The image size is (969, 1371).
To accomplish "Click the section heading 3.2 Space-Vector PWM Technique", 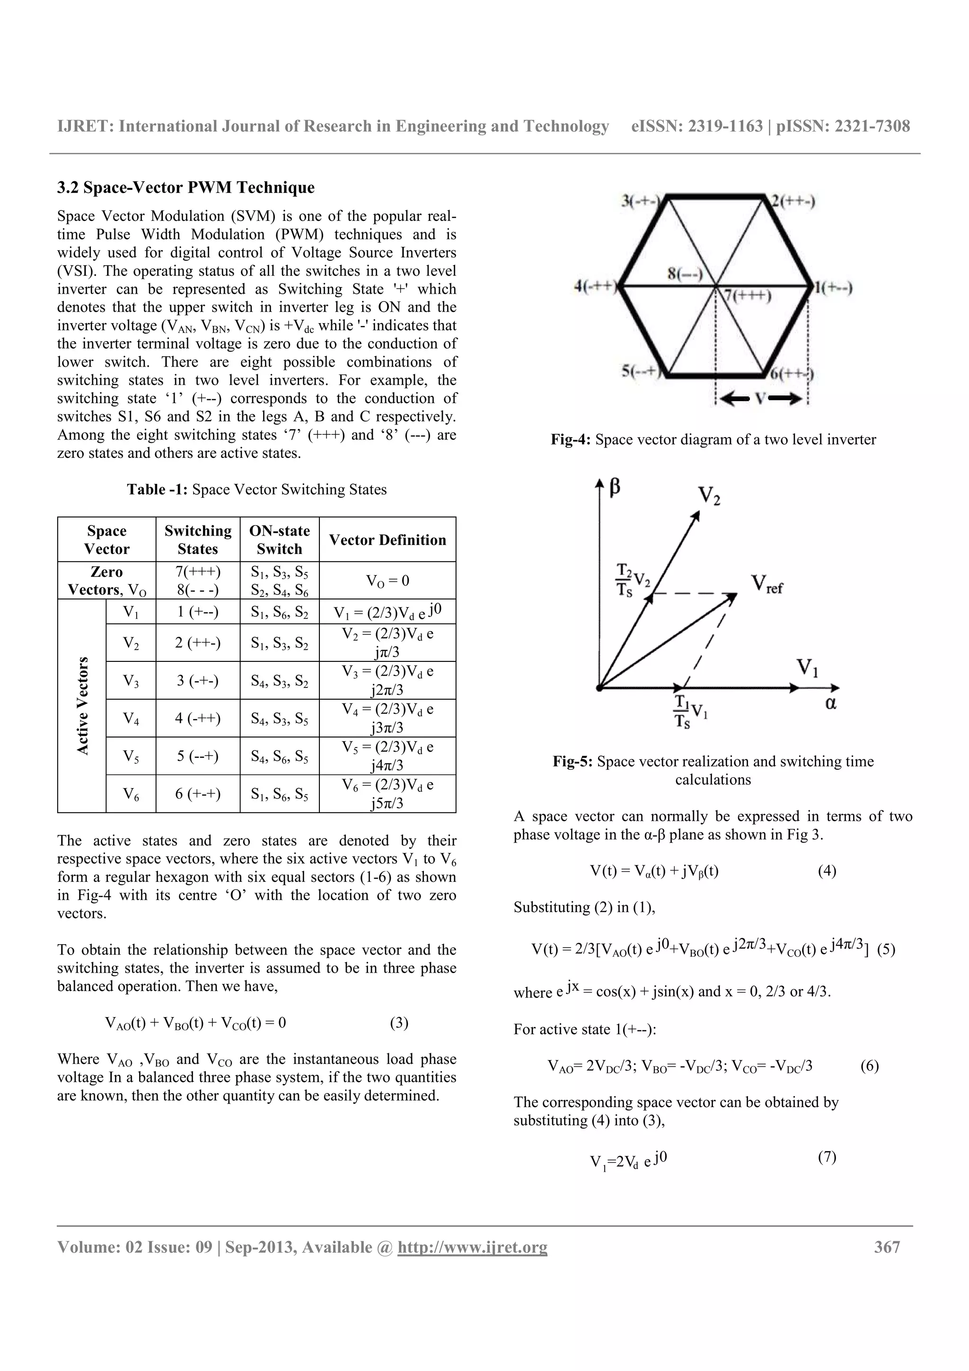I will click(x=185, y=187).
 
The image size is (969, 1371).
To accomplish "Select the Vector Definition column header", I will click(x=388, y=540).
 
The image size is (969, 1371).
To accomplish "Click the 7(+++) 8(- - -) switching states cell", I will click(x=198, y=580).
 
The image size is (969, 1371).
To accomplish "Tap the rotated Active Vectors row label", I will click(x=82, y=705).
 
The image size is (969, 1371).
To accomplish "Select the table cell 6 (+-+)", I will click(x=198, y=793).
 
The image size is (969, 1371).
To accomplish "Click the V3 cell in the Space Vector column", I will click(x=131, y=680).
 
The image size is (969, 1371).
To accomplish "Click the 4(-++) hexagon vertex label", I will click(x=595, y=287).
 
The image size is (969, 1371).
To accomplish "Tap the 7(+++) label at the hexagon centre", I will click(x=748, y=296).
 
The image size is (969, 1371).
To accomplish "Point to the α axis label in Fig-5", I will click(x=830, y=703).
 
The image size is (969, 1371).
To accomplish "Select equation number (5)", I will click(x=886, y=949).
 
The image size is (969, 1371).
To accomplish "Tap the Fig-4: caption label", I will click(x=571, y=439).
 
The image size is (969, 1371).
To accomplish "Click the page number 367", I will click(x=887, y=1247).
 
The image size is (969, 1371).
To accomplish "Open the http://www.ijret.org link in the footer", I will click(x=472, y=1247).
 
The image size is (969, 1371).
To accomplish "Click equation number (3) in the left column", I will click(x=399, y=1023).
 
